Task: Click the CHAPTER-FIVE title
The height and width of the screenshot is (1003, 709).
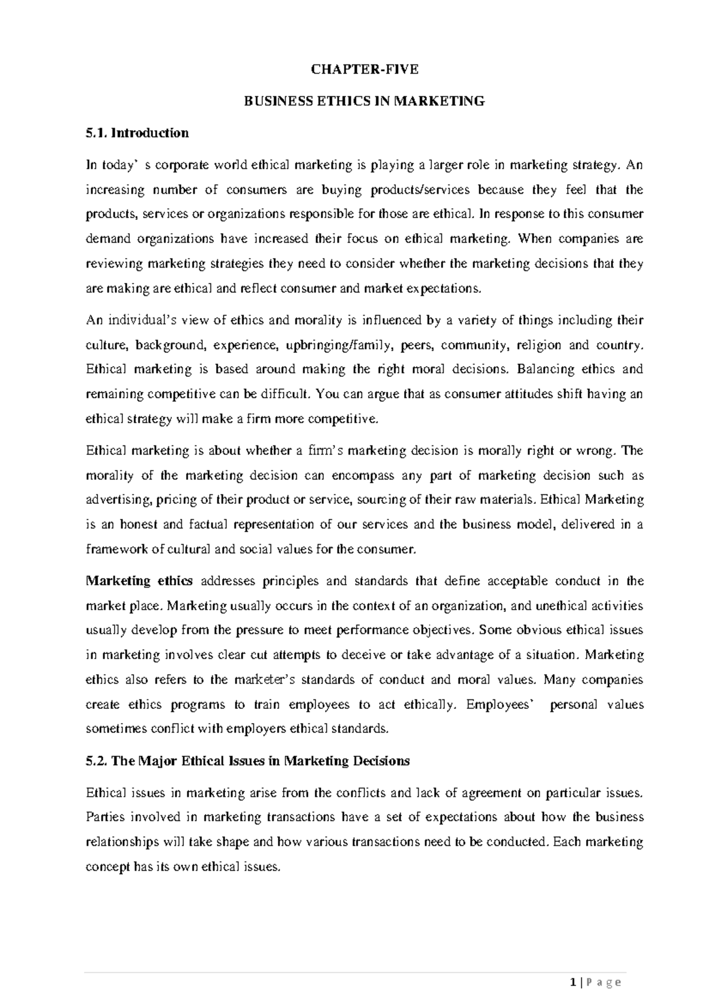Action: pyautogui.click(x=365, y=69)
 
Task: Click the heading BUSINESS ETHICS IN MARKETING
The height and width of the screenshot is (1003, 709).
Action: pyautogui.click(x=365, y=101)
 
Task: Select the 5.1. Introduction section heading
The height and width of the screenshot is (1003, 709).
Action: pyautogui.click(x=137, y=133)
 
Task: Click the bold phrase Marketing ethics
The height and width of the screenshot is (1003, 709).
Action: pyautogui.click(x=139, y=581)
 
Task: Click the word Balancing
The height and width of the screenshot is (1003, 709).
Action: pyautogui.click(x=542, y=369)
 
